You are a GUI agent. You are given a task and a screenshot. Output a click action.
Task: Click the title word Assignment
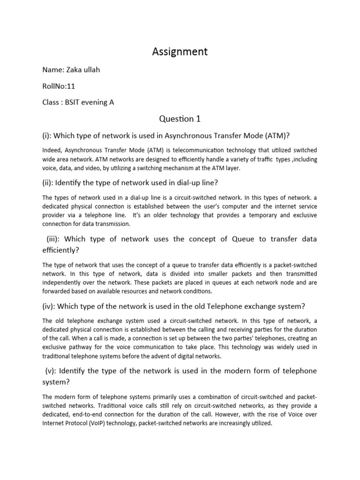point(180,52)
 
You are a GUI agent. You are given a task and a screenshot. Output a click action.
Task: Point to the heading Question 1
point(180,119)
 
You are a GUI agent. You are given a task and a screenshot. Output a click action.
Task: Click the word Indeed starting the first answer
point(52,150)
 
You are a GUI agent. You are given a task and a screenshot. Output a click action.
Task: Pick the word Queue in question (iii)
point(243,239)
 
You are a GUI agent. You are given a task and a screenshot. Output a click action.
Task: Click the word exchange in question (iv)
point(253,306)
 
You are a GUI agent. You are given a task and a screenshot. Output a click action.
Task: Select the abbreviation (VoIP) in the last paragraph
point(109,423)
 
